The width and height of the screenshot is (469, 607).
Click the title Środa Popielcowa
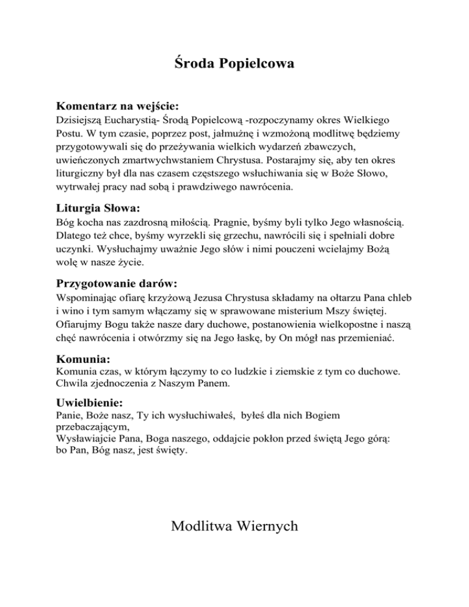(234, 62)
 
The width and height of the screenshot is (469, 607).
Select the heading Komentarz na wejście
(108, 106)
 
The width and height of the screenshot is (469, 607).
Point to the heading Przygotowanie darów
(117, 283)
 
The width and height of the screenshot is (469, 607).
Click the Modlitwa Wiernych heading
(234, 526)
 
